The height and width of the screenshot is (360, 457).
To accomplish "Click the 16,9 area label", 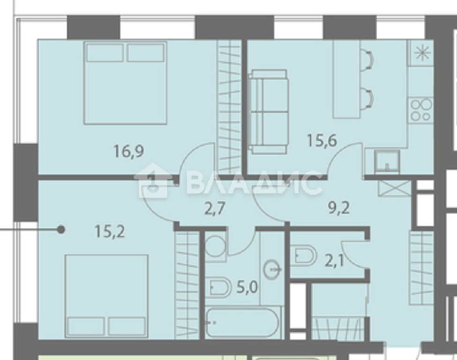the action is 128,151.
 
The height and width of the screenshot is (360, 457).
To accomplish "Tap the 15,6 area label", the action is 322,140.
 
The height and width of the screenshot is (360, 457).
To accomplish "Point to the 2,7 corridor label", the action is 215,209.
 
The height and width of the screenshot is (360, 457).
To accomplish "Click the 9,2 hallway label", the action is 339,208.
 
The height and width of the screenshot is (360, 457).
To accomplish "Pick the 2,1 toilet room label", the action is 334,261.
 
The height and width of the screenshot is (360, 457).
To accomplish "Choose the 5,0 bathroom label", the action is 247,288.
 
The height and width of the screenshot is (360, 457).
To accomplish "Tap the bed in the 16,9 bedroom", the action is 125,83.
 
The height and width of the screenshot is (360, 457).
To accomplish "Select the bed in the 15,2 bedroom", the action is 107,296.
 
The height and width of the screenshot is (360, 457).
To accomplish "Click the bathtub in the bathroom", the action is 243,322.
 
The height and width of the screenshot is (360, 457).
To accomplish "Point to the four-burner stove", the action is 421,110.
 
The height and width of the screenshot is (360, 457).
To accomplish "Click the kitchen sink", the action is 387,161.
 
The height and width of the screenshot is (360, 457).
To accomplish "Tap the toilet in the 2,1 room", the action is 305,255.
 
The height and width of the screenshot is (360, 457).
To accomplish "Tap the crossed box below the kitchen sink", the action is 394,188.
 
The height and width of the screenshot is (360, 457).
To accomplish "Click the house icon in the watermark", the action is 151,181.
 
